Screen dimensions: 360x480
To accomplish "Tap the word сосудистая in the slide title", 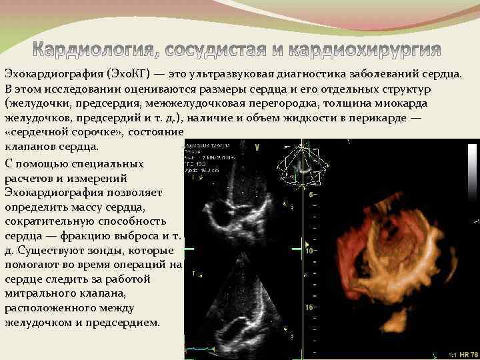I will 227,50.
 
